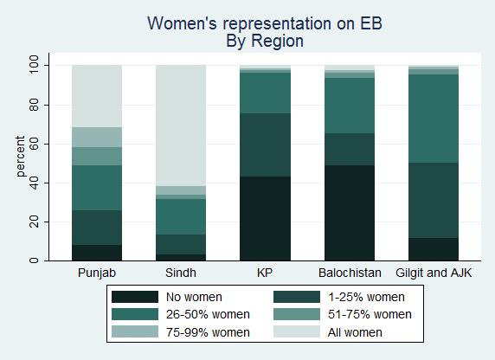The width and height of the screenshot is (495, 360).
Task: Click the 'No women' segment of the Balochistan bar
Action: [350, 213]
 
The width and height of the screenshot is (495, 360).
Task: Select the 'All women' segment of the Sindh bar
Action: [181, 125]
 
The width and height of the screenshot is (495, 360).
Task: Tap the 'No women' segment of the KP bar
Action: [265, 219]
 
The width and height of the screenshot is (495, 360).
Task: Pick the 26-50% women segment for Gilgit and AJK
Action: [434, 119]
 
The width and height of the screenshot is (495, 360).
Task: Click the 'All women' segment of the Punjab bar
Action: [97, 96]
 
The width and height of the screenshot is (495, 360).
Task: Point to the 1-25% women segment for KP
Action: [265, 145]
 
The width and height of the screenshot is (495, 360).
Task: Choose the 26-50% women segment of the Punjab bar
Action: [97, 188]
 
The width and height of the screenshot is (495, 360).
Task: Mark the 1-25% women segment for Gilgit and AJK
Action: [434, 200]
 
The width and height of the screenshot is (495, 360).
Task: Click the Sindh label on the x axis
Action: [181, 273]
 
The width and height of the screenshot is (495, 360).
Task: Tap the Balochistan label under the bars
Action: [350, 273]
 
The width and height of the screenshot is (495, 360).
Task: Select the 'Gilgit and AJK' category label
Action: [434, 273]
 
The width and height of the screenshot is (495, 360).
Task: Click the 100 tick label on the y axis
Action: [34, 64]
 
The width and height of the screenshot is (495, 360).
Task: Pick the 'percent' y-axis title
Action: [20, 157]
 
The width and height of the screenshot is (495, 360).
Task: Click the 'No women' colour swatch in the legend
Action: [135, 297]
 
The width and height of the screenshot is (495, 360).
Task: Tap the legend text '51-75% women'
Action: [370, 314]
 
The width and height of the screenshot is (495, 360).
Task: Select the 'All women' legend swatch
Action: [297, 332]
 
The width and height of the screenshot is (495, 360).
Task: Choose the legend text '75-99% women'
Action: [208, 332]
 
